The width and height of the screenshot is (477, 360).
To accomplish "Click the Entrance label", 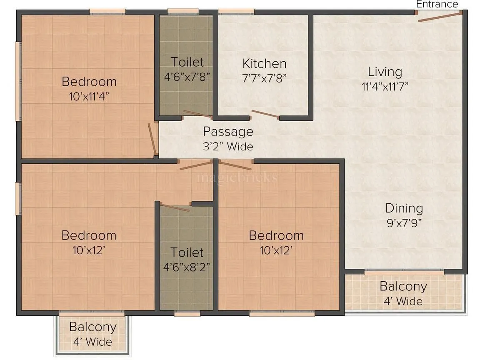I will coord(437,4).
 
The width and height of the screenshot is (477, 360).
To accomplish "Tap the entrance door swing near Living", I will coord(440,17).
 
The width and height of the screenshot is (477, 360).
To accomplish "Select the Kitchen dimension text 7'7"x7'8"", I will coord(264,77).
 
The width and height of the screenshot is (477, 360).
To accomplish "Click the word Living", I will coord(385,72).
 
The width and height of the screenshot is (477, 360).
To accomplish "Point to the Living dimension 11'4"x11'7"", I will coord(385,87).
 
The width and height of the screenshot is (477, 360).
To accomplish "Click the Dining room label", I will coord(404,208).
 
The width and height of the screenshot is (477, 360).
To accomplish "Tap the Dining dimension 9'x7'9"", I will coord(404,222).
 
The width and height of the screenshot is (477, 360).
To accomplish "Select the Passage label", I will coord(228,132).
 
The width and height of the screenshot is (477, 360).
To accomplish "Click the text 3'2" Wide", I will coord(228,147).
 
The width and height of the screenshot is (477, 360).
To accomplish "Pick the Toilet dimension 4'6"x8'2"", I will coord(187,267).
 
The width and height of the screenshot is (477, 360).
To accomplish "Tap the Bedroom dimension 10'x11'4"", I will coord(89,97).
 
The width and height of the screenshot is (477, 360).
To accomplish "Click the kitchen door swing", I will coord(265,114).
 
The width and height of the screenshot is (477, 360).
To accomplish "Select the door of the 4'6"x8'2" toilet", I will coord(175,207).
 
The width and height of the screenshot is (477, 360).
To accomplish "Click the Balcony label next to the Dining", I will coord(403,287).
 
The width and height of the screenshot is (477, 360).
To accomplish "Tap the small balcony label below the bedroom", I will coord(92,327).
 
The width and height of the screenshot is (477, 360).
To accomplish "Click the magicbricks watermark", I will coord(237,177).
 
